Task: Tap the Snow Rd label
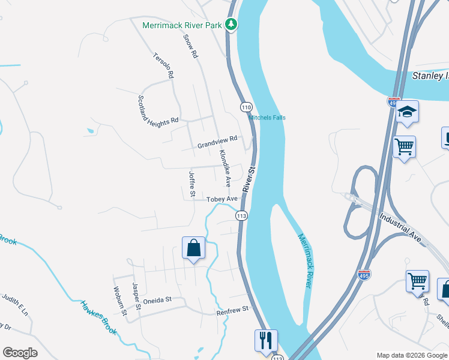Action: (190, 46)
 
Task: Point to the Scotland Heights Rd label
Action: (158, 110)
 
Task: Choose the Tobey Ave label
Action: (218, 199)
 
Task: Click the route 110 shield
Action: (246, 107)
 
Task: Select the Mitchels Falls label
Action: (267, 117)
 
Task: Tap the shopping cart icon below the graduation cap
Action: (404, 146)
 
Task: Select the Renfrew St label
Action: (232, 310)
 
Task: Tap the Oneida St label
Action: (157, 299)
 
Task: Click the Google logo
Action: (20, 353)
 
